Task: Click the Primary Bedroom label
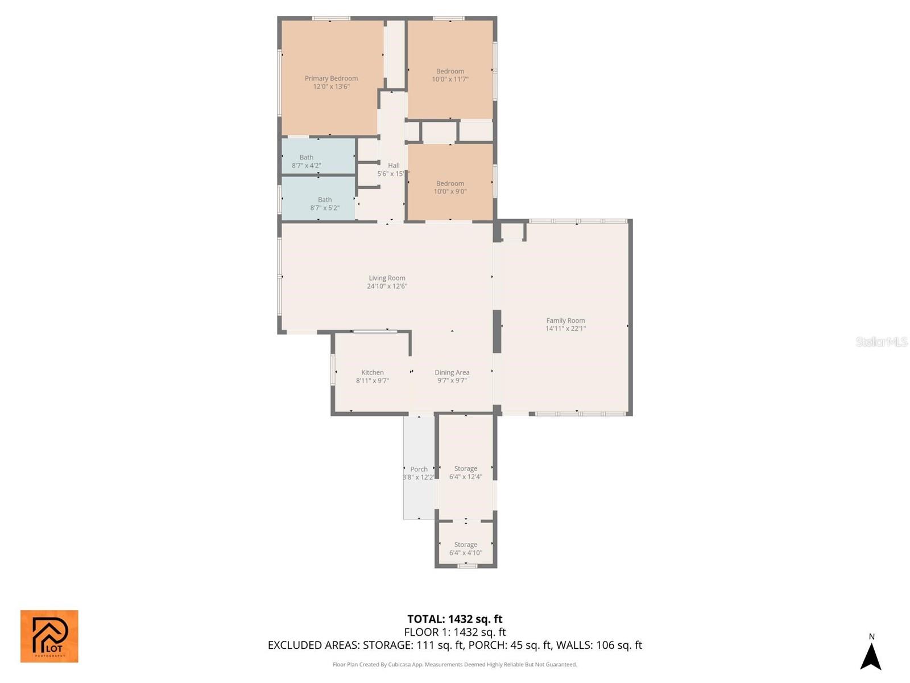(331, 79)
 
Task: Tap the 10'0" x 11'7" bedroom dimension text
(450, 80)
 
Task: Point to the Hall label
(394, 166)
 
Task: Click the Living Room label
(387, 278)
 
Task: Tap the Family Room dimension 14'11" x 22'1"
(565, 328)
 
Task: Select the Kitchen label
(373, 372)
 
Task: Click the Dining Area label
(452, 372)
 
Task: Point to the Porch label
(419, 470)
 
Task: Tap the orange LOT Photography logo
(49, 636)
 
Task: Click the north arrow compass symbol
(871, 656)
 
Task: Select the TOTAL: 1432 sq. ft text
(454, 619)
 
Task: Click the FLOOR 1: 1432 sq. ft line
(454, 632)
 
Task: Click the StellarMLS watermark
(881, 341)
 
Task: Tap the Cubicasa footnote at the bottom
(454, 664)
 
